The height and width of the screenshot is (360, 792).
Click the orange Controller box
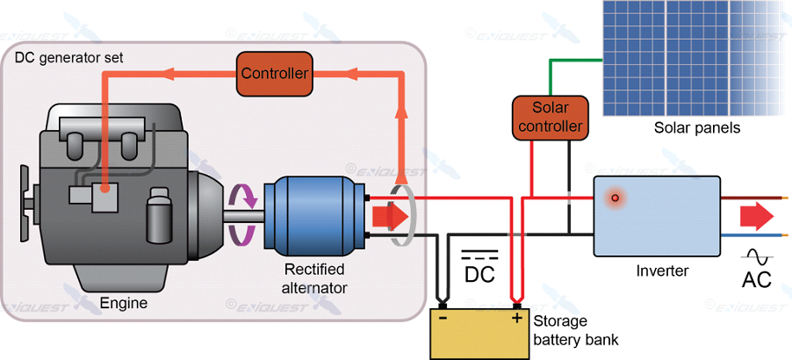click(276, 74)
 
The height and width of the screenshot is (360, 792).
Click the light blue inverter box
click(657, 215)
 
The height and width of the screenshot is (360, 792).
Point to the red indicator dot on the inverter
click(616, 198)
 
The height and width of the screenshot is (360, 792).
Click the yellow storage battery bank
click(479, 334)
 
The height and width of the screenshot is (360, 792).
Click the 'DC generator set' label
click(69, 58)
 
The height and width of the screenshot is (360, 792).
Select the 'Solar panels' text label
click(697, 128)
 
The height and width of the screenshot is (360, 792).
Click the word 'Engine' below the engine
click(125, 304)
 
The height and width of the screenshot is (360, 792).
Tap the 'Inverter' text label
click(662, 270)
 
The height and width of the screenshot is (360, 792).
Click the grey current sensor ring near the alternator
click(402, 215)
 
